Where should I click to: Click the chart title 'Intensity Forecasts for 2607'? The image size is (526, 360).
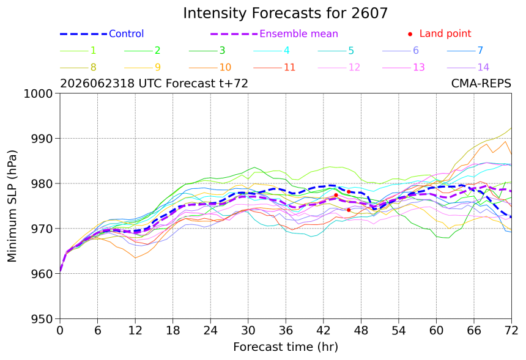coord(285,13)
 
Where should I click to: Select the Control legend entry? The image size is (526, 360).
coord(102,34)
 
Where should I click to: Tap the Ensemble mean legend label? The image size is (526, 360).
coord(298,34)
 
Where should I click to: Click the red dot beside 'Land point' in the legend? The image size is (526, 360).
coord(410,34)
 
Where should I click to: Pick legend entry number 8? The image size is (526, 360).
coord(78,67)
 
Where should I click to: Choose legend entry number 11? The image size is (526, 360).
coord(274,67)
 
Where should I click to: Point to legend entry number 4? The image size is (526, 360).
coord(272,51)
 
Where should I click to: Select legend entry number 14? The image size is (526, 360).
coord(468,67)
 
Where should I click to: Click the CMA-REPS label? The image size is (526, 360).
coord(481,83)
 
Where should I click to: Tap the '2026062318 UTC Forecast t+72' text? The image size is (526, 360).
coord(154,83)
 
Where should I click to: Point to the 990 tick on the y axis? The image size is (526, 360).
coord(42,138)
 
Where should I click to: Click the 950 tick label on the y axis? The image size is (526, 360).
coord(42,319)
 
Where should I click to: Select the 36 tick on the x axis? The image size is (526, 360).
coord(286,331)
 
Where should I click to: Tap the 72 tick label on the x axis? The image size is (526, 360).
coord(511,331)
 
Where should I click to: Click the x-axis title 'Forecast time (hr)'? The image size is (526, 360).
coord(286,347)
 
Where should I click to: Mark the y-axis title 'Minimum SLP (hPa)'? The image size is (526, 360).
coord(12,206)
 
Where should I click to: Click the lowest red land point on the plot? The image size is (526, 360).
coord(349,210)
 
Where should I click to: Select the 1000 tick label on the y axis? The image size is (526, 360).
coord(39,94)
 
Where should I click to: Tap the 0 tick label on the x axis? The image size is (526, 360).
coord(60,331)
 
